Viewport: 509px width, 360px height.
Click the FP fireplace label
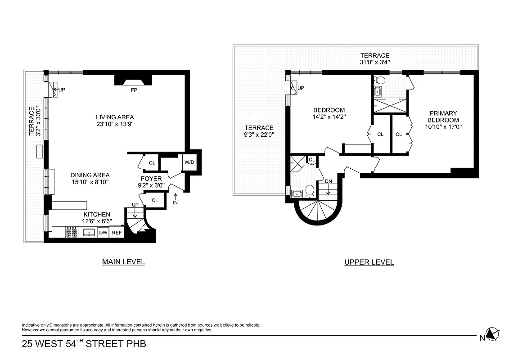pos(134,90)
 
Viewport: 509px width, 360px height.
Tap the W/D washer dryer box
pos(188,162)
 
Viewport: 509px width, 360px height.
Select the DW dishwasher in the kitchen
pos(103,233)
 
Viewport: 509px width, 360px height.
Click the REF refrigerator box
pos(117,233)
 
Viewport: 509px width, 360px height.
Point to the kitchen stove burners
pos(72,233)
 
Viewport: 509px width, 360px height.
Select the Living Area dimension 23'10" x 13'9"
pos(115,125)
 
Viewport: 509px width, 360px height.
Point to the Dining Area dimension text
pos(90,182)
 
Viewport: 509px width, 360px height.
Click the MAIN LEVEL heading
pos(123,261)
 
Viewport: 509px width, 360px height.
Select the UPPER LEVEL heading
pos(369,262)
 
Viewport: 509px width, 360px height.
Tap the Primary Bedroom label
pos(443,117)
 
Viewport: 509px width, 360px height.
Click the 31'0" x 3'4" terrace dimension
pos(374,63)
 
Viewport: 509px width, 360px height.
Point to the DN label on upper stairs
pos(328,181)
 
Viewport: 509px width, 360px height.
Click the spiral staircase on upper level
pos(317,211)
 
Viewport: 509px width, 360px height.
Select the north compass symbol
pos(493,334)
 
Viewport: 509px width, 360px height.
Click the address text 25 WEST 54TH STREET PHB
pos(84,345)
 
